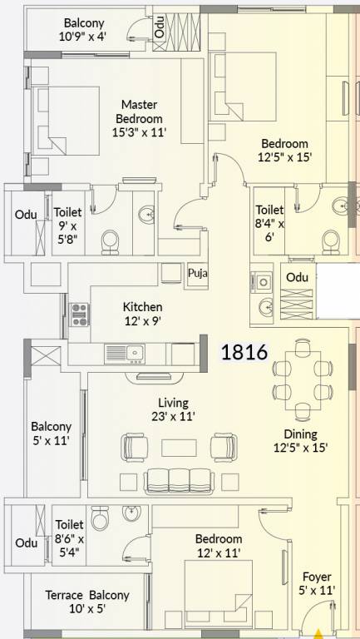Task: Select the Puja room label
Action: (197, 272)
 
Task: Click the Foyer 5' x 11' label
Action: (317, 582)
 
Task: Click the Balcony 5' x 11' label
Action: (51, 433)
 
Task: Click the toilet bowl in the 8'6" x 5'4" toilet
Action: (100, 520)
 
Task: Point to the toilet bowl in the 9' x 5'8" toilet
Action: (110, 242)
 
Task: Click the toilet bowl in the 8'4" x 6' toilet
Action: (332, 240)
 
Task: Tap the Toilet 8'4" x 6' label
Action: (269, 224)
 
